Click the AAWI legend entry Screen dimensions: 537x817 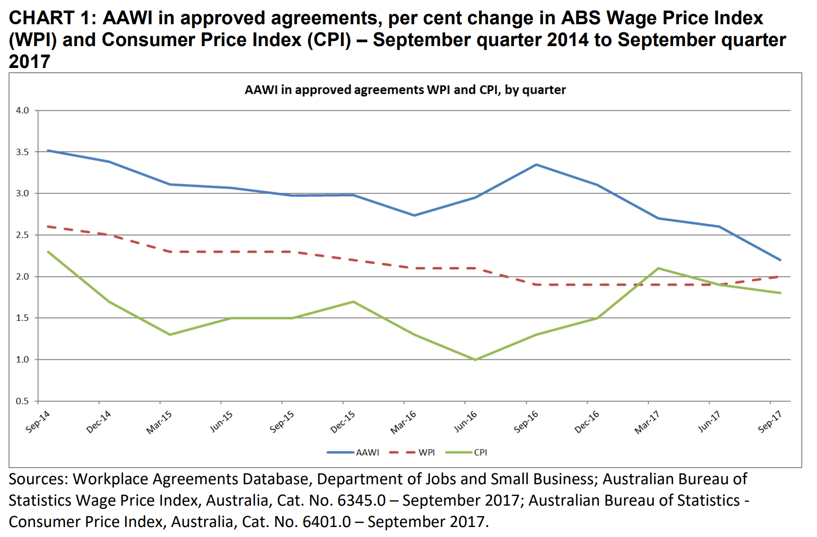(367, 452)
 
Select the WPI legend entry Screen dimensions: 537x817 (426, 452)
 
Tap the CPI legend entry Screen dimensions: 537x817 (480, 452)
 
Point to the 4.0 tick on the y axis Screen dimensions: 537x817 (22, 110)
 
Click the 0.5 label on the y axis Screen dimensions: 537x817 (22, 401)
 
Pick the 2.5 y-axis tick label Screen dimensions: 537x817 (22, 235)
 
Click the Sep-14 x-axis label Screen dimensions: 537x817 (38, 421)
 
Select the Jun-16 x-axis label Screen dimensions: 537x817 (465, 421)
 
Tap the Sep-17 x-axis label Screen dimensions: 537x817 (769, 421)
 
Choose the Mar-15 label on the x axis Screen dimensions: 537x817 (159, 422)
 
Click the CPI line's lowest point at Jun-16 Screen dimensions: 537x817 (475, 360)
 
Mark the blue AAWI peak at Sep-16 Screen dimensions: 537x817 (536, 165)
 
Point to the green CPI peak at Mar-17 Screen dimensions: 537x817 (658, 268)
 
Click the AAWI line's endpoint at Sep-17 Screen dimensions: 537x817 (780, 260)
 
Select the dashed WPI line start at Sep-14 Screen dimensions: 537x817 (48, 227)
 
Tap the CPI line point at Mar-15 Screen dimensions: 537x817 (170, 335)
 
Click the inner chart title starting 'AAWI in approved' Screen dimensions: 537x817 (405, 90)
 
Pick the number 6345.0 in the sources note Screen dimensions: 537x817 (361, 500)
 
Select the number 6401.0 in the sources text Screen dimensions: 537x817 (327, 522)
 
